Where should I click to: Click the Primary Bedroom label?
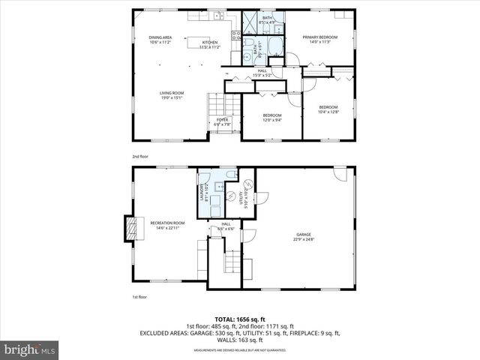320,39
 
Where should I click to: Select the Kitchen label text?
209,44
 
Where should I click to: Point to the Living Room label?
172,95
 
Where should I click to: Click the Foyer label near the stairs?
223,122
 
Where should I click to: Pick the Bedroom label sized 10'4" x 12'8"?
328,109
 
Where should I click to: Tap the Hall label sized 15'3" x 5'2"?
262,73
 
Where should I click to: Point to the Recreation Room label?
167,225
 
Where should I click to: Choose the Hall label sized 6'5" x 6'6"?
226,226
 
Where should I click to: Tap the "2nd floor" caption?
140,157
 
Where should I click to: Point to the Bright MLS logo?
30,349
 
